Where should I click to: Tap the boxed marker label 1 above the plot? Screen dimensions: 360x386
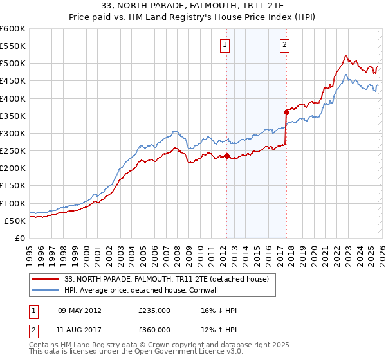coord(225,44)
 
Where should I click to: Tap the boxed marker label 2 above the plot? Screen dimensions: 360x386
coord(284,44)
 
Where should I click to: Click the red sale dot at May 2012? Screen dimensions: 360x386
coord(226,156)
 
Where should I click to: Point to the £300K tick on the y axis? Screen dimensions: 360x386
coord(13,133)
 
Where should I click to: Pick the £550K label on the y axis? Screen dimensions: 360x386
coord(13,46)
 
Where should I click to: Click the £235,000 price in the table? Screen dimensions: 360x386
coord(154,310)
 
